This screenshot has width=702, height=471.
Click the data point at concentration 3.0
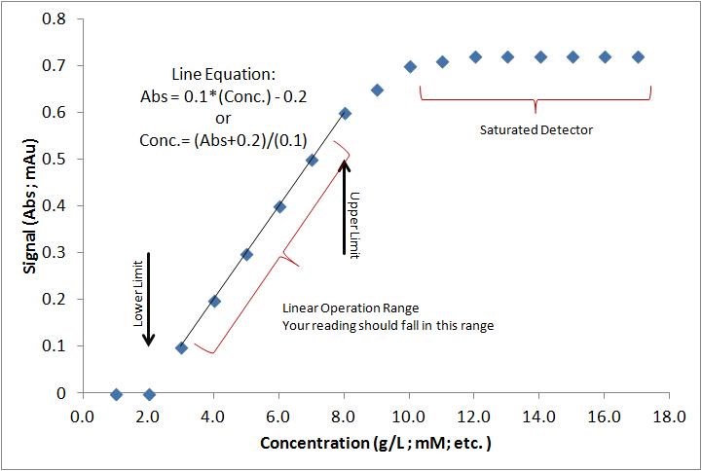181,347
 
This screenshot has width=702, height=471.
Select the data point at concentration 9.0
377,91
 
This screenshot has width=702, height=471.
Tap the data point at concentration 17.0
638,57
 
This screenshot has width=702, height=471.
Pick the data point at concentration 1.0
116,394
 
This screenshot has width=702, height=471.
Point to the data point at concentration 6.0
279,207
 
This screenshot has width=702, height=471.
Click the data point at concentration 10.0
410,67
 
